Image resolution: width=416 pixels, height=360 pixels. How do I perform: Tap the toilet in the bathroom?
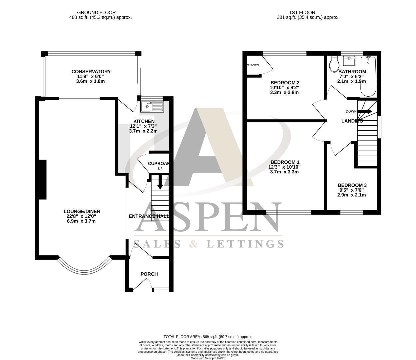333,64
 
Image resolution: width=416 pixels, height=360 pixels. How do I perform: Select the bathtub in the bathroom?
368,76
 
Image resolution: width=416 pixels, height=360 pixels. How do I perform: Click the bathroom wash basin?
350,61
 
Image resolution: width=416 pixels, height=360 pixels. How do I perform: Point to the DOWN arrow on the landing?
365,111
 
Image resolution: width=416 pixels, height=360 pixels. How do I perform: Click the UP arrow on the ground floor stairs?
160,182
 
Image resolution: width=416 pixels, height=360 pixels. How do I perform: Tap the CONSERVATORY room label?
91,72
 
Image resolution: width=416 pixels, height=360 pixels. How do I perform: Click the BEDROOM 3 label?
352,185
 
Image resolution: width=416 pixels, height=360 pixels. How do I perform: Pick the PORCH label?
149,274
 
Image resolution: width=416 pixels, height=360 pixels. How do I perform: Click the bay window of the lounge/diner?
84,267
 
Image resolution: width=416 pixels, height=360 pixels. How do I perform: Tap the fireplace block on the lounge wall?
43,179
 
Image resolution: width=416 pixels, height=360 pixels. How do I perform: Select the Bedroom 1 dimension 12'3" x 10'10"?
284,167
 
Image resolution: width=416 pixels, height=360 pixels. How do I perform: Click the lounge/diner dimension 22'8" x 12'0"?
82,216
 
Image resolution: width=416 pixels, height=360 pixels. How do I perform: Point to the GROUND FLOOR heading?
96,13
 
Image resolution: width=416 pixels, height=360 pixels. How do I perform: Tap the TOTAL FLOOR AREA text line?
208,337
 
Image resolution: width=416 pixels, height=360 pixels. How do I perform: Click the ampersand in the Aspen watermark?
193,244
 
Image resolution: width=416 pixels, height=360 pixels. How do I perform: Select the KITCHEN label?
144,121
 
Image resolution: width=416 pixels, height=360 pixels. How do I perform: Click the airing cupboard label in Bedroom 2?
253,65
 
